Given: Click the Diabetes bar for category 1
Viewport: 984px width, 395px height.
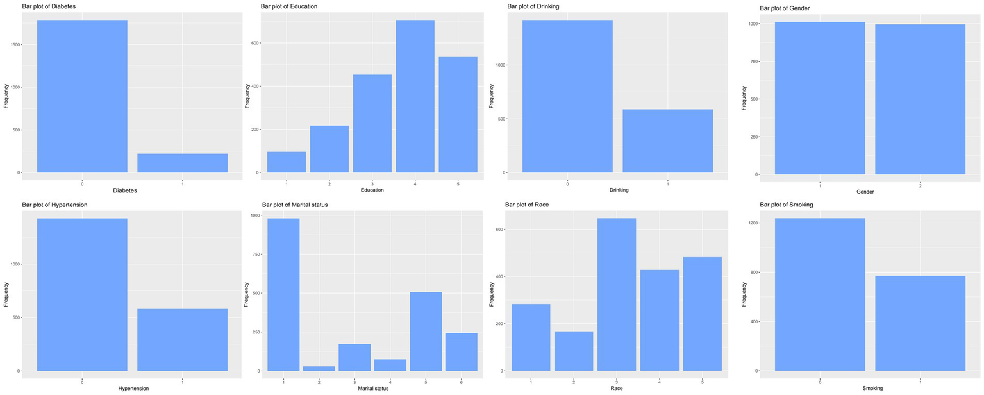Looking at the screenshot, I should coord(182,163).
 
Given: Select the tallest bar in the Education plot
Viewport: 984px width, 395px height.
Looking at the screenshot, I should coord(415,96).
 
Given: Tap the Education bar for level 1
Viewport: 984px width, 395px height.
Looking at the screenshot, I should coord(286,162).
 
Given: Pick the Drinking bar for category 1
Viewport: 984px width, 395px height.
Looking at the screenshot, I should coord(667,141).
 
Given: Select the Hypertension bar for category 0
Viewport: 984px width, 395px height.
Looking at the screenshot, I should coord(82,295).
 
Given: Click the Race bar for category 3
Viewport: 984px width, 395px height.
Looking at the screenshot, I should coord(616,295).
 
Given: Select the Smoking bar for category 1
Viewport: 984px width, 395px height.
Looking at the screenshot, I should coord(920,323).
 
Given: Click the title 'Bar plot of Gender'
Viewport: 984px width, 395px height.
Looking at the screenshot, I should coord(786,8).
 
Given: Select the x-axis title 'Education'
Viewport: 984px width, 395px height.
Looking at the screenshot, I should coord(372,190).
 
